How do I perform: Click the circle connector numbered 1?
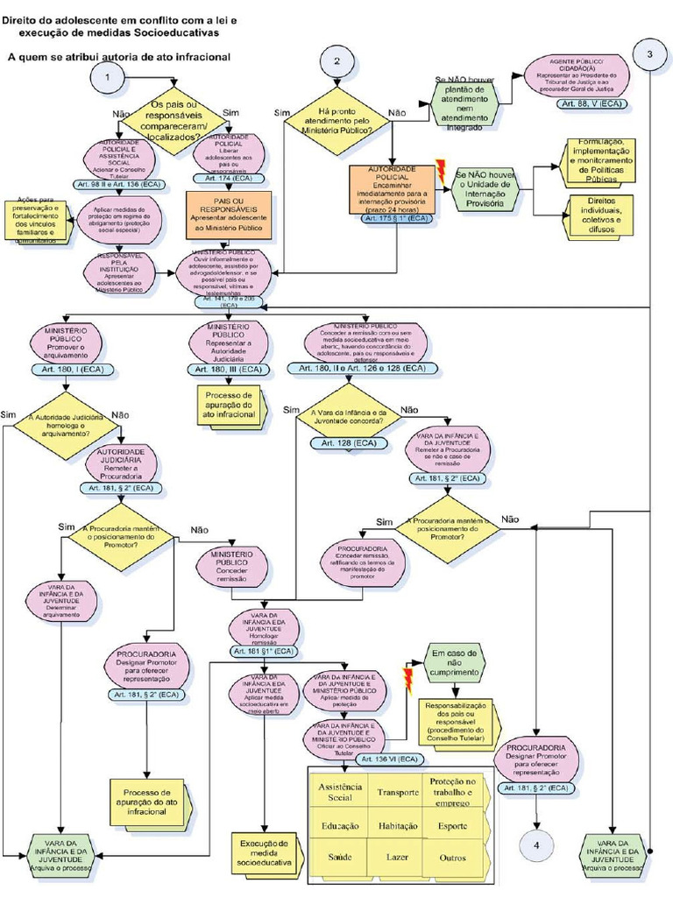point(107,77)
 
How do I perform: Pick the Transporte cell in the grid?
point(398,792)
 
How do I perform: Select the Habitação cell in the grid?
point(398,825)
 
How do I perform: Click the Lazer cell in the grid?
point(398,857)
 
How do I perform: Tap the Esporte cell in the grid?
point(453,825)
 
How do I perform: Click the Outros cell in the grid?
point(453,857)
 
